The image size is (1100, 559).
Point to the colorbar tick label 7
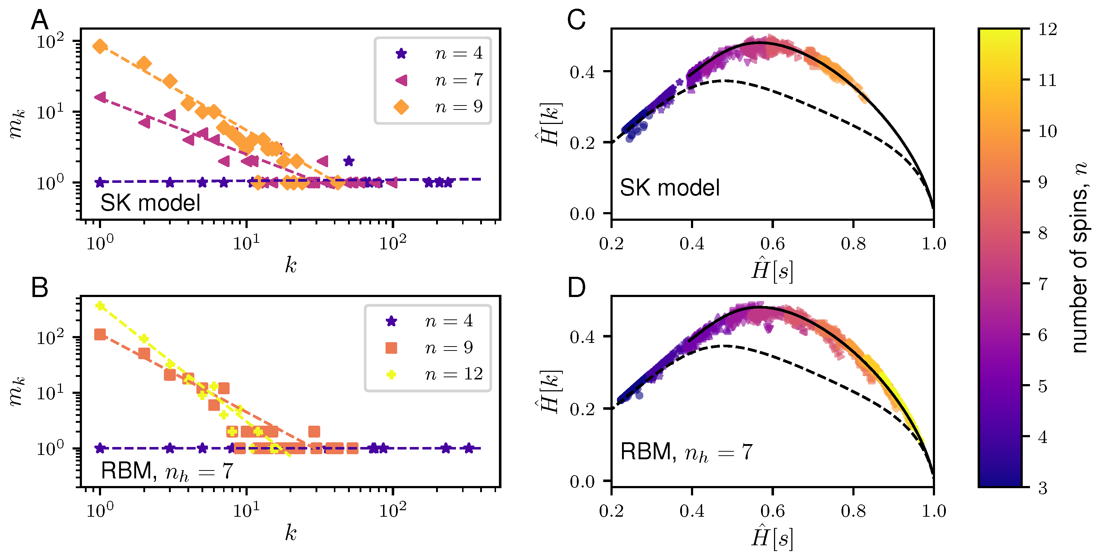pyautogui.click(x=1043, y=284)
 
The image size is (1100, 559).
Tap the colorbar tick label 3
pyautogui.click(x=1043, y=487)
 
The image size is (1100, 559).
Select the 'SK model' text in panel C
pyautogui.click(x=669, y=188)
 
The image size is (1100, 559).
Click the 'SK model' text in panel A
pyautogui.click(x=150, y=203)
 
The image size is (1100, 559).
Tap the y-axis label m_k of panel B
pyautogui.click(x=17, y=391)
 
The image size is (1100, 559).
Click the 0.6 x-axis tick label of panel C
pyautogui.click(x=772, y=244)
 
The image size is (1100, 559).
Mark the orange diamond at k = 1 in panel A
pyautogui.click(x=100, y=46)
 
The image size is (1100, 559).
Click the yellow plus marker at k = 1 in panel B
pyautogui.click(x=100, y=306)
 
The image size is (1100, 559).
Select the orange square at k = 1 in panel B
pyautogui.click(x=100, y=334)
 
